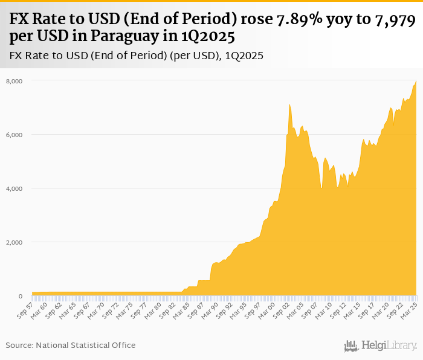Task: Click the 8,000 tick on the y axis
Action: tap(14, 80)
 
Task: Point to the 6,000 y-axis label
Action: tap(14, 135)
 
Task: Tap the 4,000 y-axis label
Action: tap(14, 188)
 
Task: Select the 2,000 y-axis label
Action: tap(14, 242)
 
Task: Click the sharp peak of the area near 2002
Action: tap(290, 104)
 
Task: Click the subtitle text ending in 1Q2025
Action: tap(136, 56)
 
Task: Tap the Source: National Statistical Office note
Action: tap(71, 345)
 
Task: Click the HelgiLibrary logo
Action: tap(381, 346)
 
